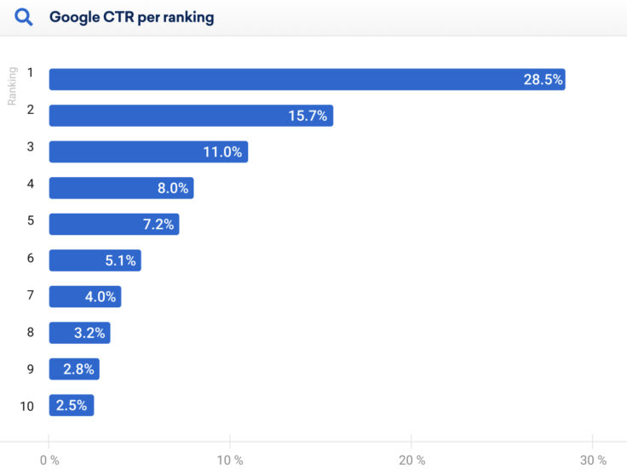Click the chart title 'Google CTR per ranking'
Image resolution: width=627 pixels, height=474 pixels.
coord(132,17)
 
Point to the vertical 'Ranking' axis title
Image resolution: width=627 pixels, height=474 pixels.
coord(13,86)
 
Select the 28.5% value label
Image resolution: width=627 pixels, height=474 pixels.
coord(543,79)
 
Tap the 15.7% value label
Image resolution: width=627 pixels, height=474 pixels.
coord(308,116)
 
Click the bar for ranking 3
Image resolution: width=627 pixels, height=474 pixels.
coord(148,151)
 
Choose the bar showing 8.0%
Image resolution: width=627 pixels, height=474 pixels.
coord(121,188)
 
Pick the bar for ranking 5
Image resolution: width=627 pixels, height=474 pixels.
coord(113,224)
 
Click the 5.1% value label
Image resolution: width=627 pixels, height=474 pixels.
coord(120,260)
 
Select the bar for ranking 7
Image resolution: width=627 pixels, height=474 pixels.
coord(84,296)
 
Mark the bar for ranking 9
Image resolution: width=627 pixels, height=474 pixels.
coord(74,369)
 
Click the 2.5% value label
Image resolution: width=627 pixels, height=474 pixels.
coord(72,405)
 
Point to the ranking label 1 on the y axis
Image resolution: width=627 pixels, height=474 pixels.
coord(30,72)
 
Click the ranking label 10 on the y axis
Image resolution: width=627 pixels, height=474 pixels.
coord(27,406)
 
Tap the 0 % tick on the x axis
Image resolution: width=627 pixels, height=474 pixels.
coord(49,460)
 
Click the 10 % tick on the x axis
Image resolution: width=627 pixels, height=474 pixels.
coord(229,460)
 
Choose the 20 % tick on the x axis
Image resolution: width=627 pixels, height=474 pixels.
coord(411,460)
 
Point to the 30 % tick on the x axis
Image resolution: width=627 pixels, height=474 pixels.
coord(592,460)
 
